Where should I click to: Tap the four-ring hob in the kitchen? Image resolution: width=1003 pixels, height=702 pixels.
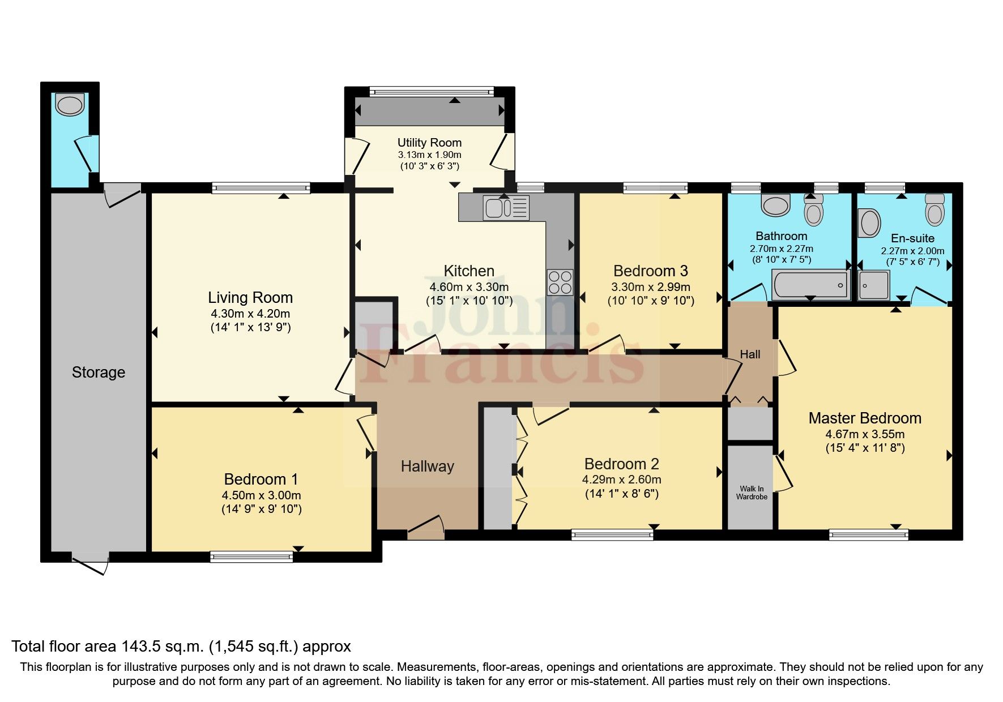tap(560, 281)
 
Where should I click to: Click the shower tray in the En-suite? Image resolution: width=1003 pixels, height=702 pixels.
tap(874, 285)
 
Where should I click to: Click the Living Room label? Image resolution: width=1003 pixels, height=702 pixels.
tap(250, 298)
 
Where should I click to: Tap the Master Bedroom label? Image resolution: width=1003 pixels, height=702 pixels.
tap(864, 418)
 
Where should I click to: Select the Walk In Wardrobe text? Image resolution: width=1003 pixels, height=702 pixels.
tap(751, 493)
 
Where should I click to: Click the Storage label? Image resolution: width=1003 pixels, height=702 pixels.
tap(98, 373)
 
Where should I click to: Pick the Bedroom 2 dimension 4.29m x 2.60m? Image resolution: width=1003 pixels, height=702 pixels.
tap(621, 480)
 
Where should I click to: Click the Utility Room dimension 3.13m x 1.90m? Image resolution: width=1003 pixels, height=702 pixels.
tap(429, 155)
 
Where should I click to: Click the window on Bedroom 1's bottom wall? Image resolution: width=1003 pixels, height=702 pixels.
tap(251, 557)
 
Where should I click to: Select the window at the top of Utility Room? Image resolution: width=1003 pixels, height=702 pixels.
tap(431, 91)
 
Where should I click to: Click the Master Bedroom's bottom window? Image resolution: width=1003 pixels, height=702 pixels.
tap(868, 534)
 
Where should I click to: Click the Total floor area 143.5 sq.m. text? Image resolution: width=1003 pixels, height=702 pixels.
tap(181, 647)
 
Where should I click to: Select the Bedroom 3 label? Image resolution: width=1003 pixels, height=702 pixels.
tap(651, 271)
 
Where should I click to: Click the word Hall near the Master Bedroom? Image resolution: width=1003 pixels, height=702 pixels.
tap(750, 354)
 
